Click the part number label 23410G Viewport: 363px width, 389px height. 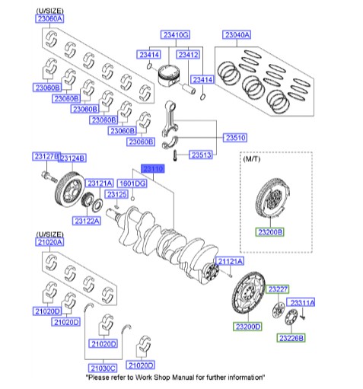pyautogui.click(x=174, y=35)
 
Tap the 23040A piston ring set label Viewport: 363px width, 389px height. pyautogui.click(x=237, y=35)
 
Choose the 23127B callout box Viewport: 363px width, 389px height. pyautogui.click(x=44, y=156)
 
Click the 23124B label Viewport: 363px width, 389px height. pyautogui.click(x=72, y=158)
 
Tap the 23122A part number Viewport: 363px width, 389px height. pyautogui.click(x=88, y=221)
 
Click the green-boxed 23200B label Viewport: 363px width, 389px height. pyautogui.click(x=269, y=231)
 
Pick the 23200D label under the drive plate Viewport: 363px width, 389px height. pyautogui.click(x=248, y=326)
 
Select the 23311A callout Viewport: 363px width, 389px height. pyautogui.click(x=302, y=302)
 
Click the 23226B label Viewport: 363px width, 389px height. pyautogui.click(x=291, y=337)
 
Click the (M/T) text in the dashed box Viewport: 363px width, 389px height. pyautogui.click(x=251, y=161)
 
